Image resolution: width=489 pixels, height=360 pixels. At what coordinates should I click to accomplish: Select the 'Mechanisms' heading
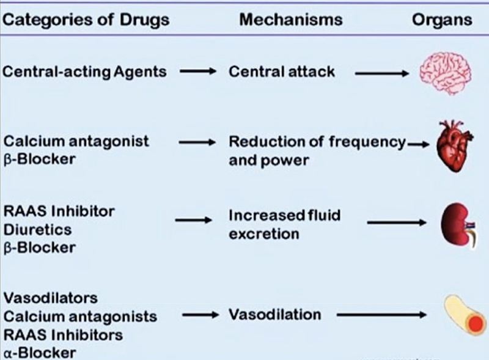point(290,20)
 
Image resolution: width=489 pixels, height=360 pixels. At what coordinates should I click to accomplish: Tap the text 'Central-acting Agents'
point(85,72)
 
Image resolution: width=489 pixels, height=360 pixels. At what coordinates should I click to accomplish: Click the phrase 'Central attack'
point(282,72)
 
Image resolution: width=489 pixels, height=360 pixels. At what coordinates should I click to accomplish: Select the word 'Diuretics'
point(38,230)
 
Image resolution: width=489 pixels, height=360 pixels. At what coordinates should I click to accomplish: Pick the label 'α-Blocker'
point(40,353)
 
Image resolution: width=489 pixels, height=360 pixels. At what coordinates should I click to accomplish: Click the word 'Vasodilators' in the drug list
point(50,298)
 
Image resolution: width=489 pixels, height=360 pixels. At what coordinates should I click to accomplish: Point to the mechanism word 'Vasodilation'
point(275,315)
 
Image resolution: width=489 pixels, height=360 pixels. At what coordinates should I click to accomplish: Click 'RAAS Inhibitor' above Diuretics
point(59,211)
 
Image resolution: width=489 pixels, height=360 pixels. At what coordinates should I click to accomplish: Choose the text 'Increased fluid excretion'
point(284,224)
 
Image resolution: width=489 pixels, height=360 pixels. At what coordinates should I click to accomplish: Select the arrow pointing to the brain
point(382,73)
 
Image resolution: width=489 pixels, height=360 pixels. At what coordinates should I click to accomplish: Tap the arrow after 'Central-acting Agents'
point(198,72)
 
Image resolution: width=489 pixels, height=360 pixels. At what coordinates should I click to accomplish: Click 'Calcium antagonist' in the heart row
point(76,141)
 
